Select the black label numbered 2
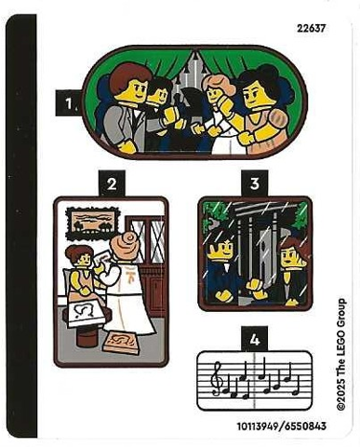110,184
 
